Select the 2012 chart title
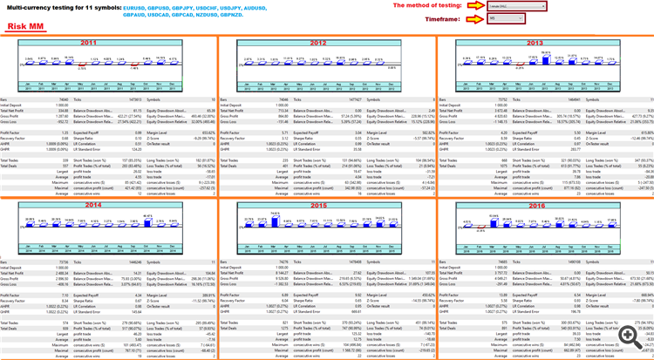pyautogui.click(x=318, y=43)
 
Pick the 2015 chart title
pyautogui.click(x=318, y=204)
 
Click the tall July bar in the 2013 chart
pyautogui.click(x=547, y=58)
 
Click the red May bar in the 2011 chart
pyautogui.click(x=81, y=64)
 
